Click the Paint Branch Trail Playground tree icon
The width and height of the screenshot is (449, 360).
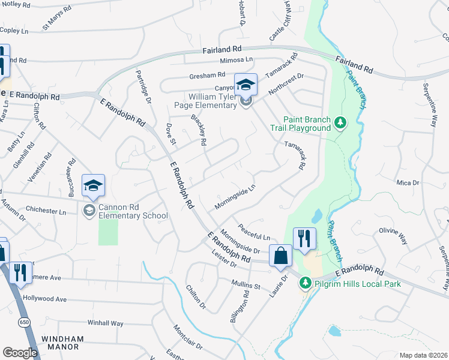[340, 122]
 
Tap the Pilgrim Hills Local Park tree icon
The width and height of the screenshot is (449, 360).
[305, 282]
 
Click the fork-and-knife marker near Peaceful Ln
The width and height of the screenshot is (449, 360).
[304, 238]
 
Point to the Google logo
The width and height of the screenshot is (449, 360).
[20, 353]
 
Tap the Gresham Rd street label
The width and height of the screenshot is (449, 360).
[206, 75]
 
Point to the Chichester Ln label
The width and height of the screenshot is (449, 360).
[46, 211]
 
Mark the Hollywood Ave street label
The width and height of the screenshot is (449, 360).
[44, 298]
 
